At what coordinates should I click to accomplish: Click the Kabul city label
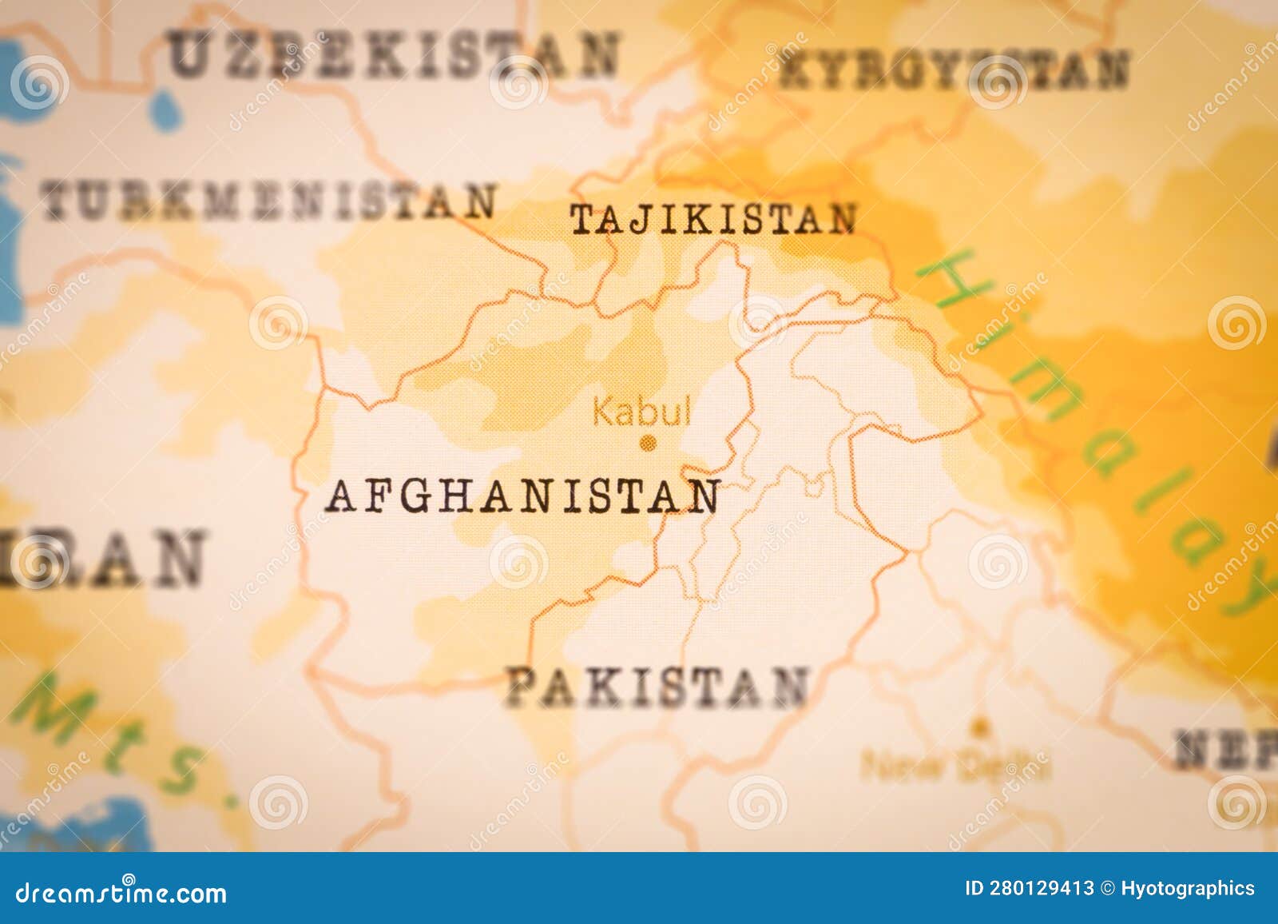coord(641,412)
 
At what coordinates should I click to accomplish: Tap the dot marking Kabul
coord(649,442)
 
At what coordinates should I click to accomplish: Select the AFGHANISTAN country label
coord(523,496)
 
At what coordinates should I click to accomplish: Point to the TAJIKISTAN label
coord(712,220)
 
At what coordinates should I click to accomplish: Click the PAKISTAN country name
coord(657,688)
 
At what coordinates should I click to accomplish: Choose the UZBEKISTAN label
coord(394,55)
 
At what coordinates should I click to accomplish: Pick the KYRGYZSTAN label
coord(955,70)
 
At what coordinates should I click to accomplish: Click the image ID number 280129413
coord(1041,888)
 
